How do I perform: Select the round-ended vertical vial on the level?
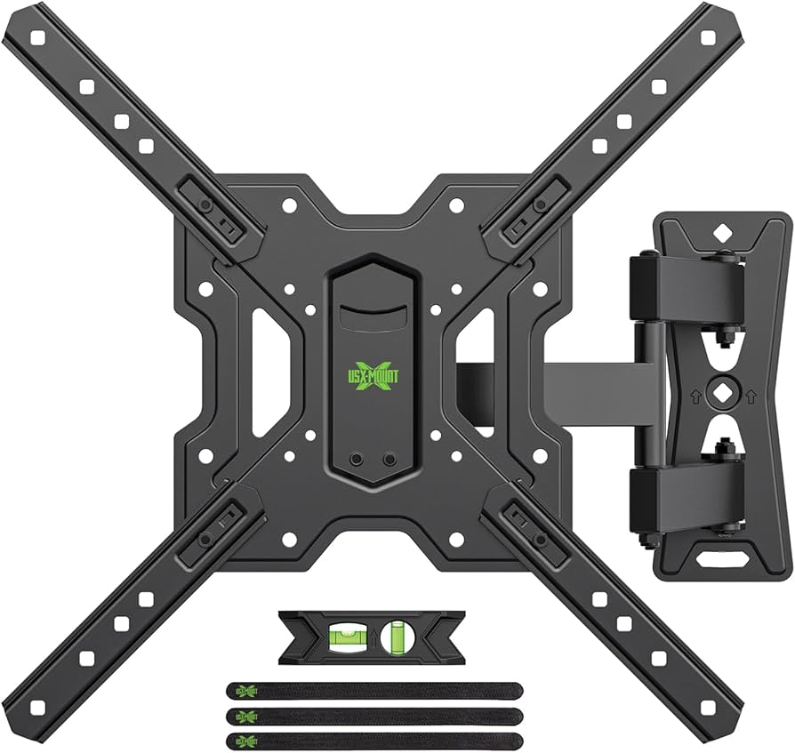[x=397, y=637]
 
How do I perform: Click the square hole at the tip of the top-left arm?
[x=37, y=37]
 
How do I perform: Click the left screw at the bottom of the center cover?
[x=357, y=460]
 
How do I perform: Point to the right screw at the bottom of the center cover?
[x=389, y=460]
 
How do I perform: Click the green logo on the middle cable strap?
[x=243, y=714]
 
